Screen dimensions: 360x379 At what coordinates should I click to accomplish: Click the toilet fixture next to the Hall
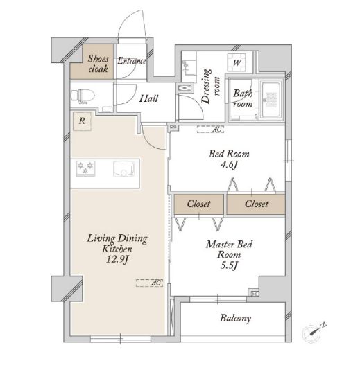pyautogui.click(x=83, y=96)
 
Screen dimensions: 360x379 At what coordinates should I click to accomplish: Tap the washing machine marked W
pyautogui.click(x=237, y=62)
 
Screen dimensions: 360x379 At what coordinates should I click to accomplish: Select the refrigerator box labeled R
pyautogui.click(x=83, y=121)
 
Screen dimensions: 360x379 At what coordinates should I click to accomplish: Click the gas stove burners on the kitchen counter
pyautogui.click(x=85, y=168)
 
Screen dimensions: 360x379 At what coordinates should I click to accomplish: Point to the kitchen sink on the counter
pyautogui.click(x=123, y=168)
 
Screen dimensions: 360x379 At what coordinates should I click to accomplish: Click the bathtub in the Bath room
pyautogui.click(x=271, y=100)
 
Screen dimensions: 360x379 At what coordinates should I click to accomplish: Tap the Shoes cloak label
pyautogui.click(x=98, y=64)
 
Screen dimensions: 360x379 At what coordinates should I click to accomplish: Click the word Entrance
pyautogui.click(x=132, y=61)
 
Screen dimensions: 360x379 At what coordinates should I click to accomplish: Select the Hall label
pyautogui.click(x=148, y=98)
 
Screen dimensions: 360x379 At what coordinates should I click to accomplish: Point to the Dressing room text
pyautogui.click(x=210, y=87)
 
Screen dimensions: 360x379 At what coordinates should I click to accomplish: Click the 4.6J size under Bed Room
pyautogui.click(x=229, y=165)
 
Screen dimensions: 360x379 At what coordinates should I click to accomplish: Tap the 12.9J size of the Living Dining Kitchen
pyautogui.click(x=117, y=259)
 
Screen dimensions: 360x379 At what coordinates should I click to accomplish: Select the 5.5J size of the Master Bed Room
pyautogui.click(x=229, y=265)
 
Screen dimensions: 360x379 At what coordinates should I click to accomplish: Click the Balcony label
pyautogui.click(x=235, y=318)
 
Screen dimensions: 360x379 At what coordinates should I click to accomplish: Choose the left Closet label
pyautogui.click(x=198, y=204)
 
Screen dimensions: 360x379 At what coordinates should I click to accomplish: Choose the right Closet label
pyautogui.click(x=257, y=204)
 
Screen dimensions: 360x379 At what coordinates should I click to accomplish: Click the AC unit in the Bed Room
pyautogui.click(x=210, y=130)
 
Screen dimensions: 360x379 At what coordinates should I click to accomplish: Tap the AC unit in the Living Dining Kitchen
pyautogui.click(x=149, y=283)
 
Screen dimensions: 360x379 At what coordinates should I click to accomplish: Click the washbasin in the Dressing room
pyautogui.click(x=189, y=67)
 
